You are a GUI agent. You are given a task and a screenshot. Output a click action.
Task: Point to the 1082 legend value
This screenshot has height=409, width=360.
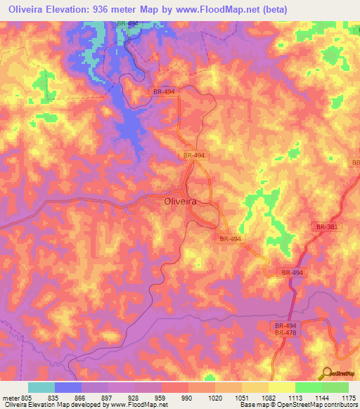267,397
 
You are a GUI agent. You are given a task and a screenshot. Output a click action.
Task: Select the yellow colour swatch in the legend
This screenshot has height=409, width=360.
281,387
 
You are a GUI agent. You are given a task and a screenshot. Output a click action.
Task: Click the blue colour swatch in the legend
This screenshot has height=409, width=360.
67,387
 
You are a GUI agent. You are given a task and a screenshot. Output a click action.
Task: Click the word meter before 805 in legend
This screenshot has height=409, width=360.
11,397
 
